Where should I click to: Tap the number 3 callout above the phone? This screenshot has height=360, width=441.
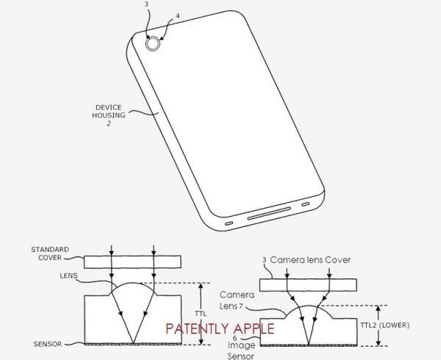146,5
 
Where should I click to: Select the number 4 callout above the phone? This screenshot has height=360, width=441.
177,16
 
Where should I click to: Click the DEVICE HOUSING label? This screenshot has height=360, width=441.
109,111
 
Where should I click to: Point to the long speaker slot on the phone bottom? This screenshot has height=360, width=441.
269,214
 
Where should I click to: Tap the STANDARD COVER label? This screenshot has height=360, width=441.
50,253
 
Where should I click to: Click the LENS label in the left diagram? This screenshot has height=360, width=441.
68,276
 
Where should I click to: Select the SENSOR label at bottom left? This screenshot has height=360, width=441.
47,344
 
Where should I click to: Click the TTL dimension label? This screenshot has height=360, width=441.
200,314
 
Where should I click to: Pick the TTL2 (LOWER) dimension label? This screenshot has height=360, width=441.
384,325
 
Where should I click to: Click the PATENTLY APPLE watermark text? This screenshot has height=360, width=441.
220,328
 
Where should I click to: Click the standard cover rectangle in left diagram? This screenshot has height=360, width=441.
132,262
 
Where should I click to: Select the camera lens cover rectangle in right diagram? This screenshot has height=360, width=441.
308,285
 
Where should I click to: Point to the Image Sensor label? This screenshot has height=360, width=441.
241,350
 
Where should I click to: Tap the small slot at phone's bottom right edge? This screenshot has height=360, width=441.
306,204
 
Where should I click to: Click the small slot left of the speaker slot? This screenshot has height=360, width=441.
229,223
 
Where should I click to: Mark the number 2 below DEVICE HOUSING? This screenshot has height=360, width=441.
109,123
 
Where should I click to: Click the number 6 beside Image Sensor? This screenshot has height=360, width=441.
235,339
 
